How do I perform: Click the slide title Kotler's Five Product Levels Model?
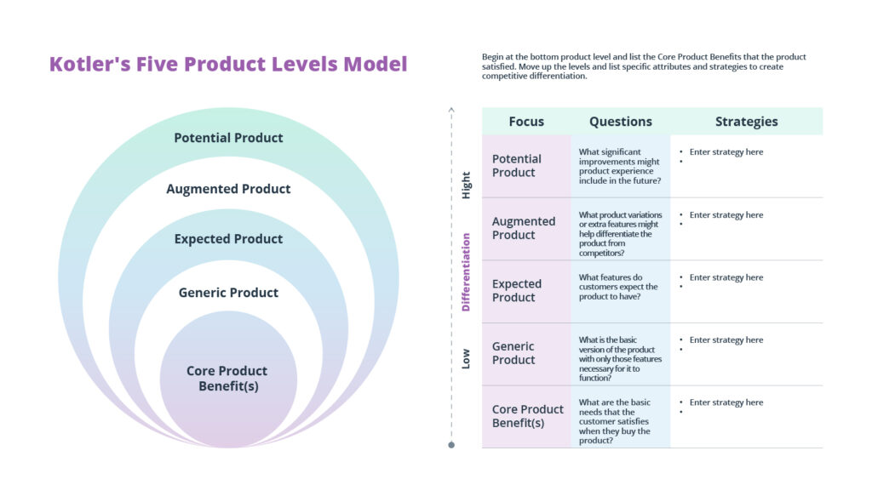point(228,64)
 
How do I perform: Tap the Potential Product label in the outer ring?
point(228,138)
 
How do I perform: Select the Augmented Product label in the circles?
point(228,189)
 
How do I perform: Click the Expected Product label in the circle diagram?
point(228,239)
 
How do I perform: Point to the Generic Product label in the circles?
point(228,293)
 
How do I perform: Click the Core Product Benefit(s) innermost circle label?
point(227,379)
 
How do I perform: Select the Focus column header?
point(526,122)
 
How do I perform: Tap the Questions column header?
point(620,122)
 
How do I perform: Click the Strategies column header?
point(746,122)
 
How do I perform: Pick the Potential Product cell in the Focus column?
point(516,165)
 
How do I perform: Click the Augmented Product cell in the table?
point(523,228)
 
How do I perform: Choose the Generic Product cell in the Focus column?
point(513,353)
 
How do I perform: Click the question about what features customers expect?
point(618,287)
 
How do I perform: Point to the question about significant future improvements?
point(619,166)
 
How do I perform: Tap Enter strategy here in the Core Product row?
point(726,402)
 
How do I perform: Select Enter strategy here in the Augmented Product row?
point(726,215)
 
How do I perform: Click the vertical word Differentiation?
point(466,272)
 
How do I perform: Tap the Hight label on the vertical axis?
point(466,185)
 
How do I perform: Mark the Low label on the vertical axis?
point(466,361)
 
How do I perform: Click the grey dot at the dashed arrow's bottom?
point(451,445)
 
